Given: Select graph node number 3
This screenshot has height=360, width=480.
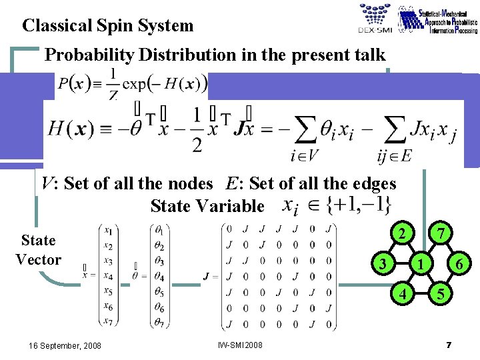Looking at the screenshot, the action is tap(382, 264).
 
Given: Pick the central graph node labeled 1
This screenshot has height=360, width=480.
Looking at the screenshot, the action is tap(420, 264).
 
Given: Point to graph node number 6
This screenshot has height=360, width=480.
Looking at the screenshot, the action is tap(460, 265).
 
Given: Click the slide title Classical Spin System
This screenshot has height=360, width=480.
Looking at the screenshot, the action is tap(107, 26).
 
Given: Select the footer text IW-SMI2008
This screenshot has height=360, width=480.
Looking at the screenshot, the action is tap(240, 345).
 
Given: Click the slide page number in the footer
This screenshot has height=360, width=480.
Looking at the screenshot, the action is tap(449, 345).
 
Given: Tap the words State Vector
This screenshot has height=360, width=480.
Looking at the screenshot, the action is tap(38, 250).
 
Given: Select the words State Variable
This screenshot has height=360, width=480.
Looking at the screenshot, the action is tap(207, 206).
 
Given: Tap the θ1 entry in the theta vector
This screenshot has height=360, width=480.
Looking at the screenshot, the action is tap(160, 231).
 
